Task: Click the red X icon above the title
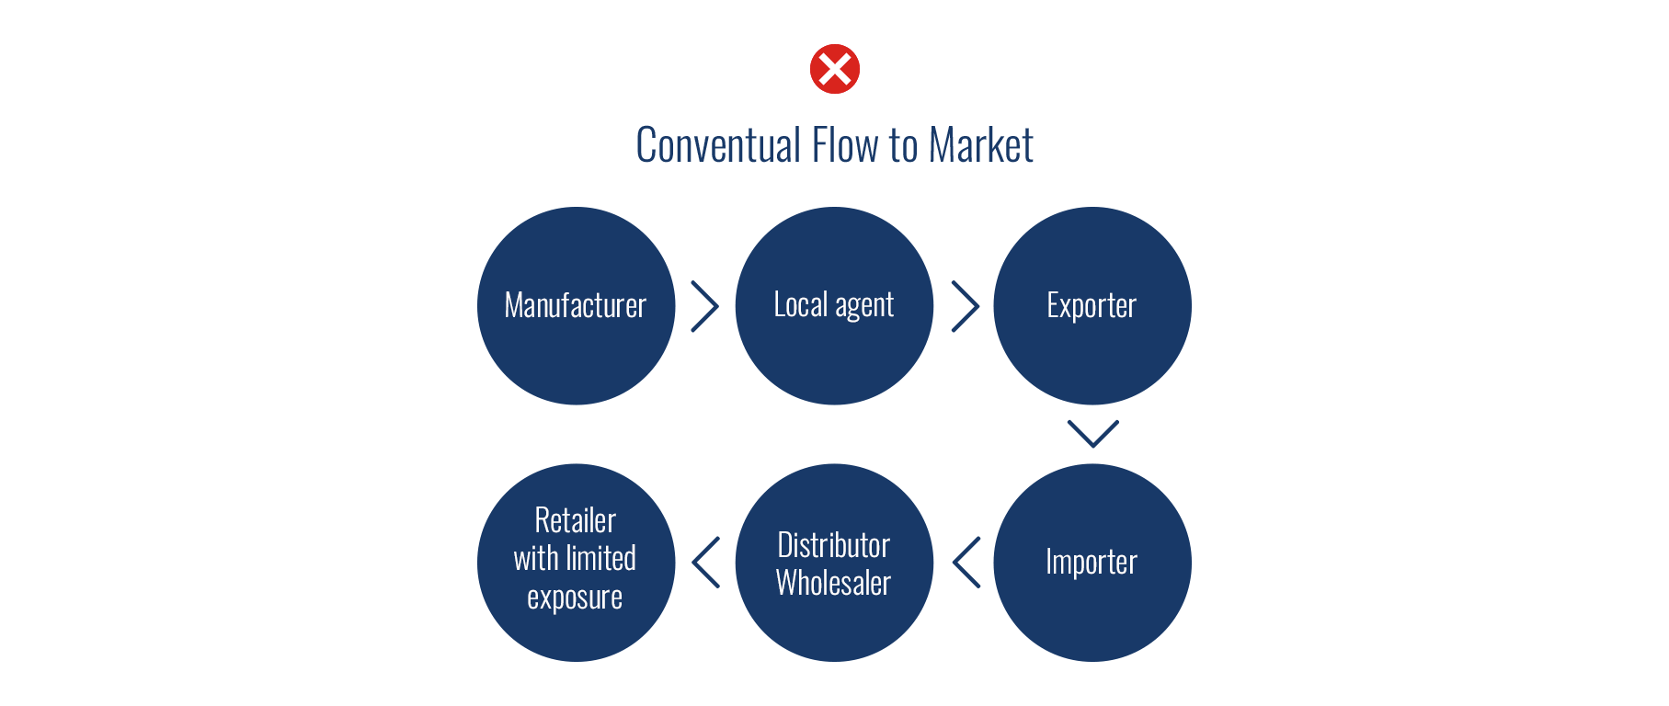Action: pyautogui.click(x=835, y=69)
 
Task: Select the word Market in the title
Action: pyautogui.click(x=981, y=145)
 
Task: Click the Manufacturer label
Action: pyautogui.click(x=576, y=305)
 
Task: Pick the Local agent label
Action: pyautogui.click(x=834, y=304)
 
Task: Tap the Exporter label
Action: pyautogui.click(x=1092, y=305)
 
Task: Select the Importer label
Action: pyautogui.click(x=1092, y=562)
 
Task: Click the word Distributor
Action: pyautogui.click(x=834, y=545)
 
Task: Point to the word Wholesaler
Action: pyautogui.click(x=834, y=583)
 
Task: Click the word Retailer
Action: pyautogui.click(x=576, y=520)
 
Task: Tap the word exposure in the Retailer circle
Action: pyautogui.click(x=575, y=598)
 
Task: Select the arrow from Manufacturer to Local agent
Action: pyautogui.click(x=704, y=306)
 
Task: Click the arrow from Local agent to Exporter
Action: pyautogui.click(x=965, y=306)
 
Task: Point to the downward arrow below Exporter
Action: pyautogui.click(x=1092, y=433)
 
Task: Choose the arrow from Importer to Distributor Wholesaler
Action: pyautogui.click(x=966, y=562)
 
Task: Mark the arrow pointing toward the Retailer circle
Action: pyautogui.click(x=705, y=562)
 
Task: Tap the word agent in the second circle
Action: pyautogui.click(x=864, y=305)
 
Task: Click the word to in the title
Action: pyautogui.click(x=903, y=145)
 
